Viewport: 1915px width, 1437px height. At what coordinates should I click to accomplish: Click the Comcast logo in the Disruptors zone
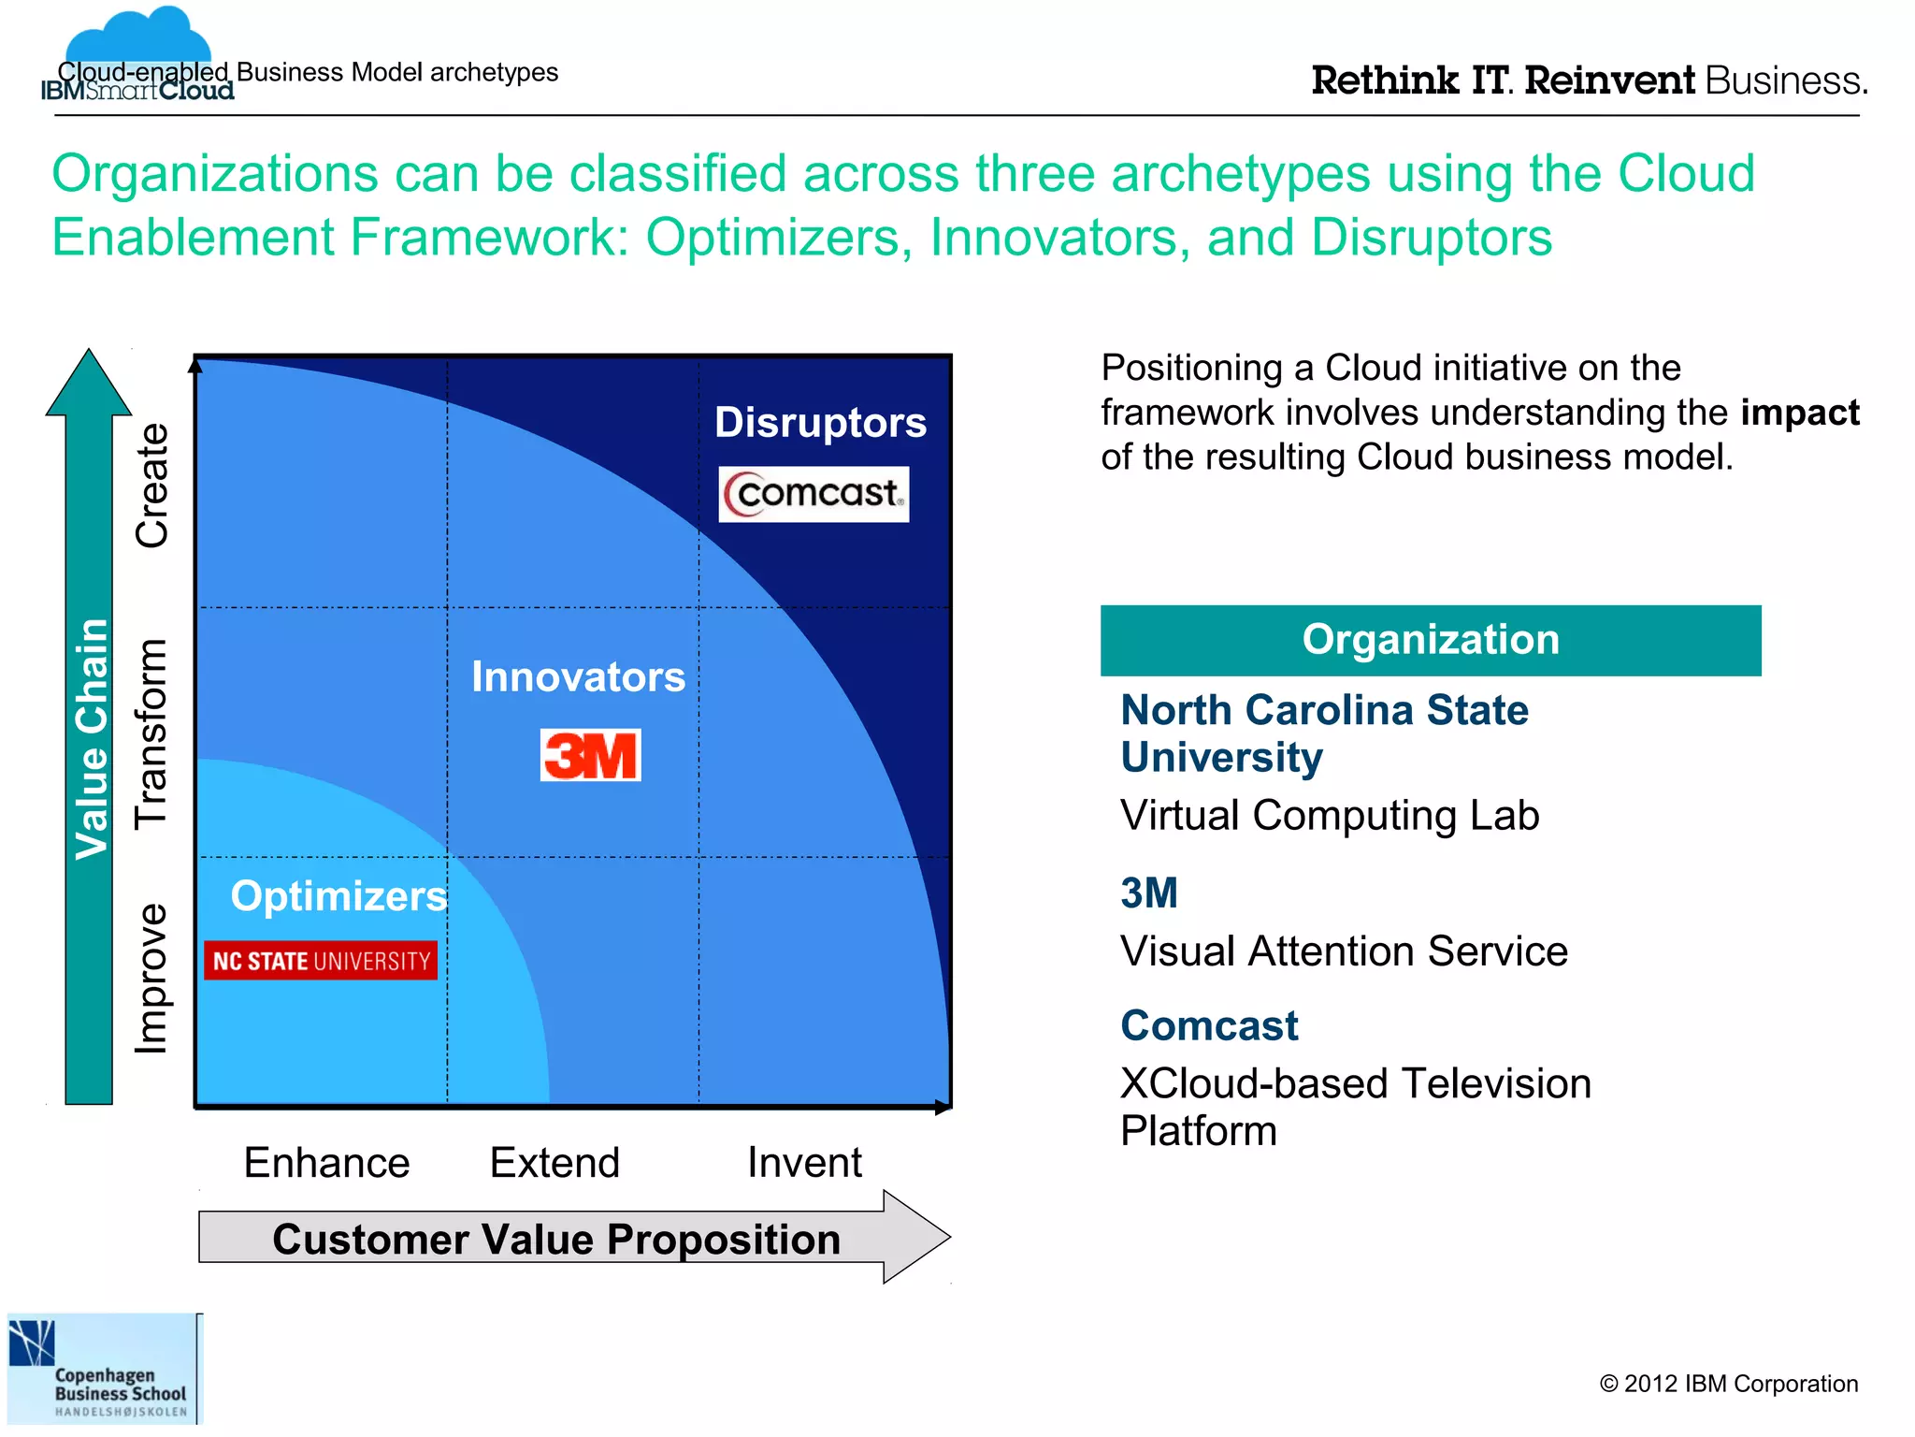(x=814, y=494)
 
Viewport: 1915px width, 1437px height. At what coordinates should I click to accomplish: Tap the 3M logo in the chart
(x=591, y=755)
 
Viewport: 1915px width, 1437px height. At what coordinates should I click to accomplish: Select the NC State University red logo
(x=321, y=961)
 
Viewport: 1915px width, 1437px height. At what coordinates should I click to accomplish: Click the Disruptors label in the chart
(x=820, y=423)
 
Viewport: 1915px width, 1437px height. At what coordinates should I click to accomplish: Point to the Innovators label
(x=578, y=677)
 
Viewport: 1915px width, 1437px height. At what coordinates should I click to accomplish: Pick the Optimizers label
(x=338, y=896)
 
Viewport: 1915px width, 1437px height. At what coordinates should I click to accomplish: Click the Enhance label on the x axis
(x=326, y=1163)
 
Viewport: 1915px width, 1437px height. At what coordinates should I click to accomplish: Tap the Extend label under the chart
(x=554, y=1163)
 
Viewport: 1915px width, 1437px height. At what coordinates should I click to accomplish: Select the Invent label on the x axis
(x=804, y=1163)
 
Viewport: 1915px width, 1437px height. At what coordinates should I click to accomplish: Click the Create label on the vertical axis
(x=151, y=486)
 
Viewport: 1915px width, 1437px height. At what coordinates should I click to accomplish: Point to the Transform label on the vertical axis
(x=151, y=734)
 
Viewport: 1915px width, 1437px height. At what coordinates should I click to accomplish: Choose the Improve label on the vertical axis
(x=151, y=979)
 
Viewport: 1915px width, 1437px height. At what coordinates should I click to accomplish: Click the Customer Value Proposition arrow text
(x=556, y=1240)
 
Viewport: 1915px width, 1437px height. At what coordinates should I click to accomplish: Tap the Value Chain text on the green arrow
(x=92, y=739)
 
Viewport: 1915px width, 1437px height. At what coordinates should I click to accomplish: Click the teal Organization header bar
(x=1430, y=641)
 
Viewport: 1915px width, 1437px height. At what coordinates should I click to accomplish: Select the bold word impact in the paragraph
(x=1799, y=414)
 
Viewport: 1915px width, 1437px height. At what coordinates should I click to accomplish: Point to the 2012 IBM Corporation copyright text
(x=1728, y=1384)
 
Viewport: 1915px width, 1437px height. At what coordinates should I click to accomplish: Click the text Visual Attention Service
(x=1344, y=951)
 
